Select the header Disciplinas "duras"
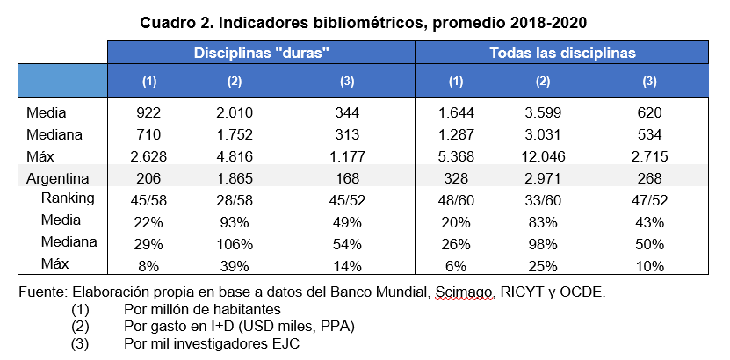[261, 53]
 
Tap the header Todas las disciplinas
[562, 53]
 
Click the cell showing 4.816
[234, 156]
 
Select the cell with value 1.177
[346, 156]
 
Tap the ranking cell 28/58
[234, 198]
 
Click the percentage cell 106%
[234, 241]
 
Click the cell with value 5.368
[455, 156]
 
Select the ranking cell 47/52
[648, 198]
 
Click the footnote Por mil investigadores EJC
[212, 343]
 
